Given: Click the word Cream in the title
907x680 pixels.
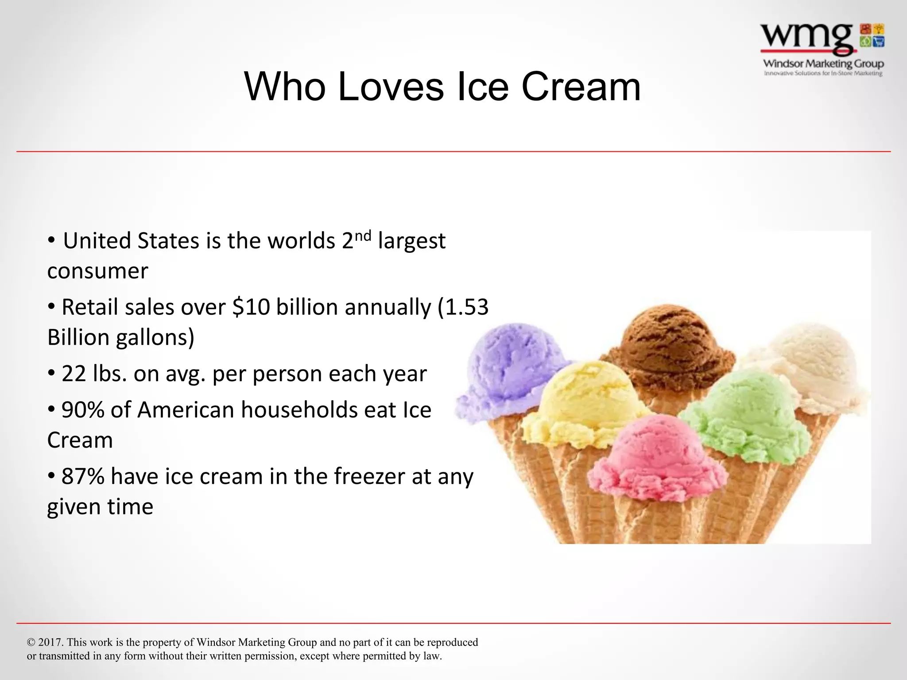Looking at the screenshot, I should (581, 87).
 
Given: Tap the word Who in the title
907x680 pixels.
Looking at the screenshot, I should (284, 87).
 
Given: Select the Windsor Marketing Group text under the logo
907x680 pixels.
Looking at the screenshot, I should (823, 64).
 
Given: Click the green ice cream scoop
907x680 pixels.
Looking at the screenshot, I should (748, 412).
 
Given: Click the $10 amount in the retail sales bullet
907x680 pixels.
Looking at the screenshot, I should (251, 307).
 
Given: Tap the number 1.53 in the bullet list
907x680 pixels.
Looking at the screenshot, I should (467, 307).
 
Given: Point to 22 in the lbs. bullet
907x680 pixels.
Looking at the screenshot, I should (74, 374).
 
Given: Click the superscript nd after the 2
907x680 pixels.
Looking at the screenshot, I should (363, 236).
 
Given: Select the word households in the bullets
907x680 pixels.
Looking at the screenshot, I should (298, 410).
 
